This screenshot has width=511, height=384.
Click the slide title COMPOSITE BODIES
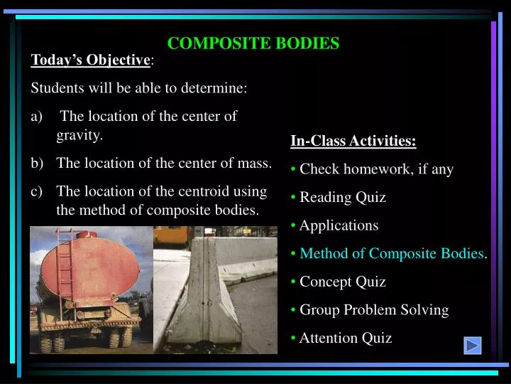253,43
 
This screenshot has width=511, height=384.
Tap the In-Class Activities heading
353,141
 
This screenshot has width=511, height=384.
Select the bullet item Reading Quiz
342,197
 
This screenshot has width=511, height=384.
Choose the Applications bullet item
339,225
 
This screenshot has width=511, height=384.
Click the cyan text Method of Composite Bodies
392,253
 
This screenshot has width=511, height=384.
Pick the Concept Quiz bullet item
342,282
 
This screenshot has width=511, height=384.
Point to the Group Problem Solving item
374,310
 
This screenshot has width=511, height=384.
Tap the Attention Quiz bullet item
345,338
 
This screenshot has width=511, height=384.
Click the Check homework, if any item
376,169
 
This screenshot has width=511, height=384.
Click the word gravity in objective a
79,134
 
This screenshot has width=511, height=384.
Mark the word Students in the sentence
57,89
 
